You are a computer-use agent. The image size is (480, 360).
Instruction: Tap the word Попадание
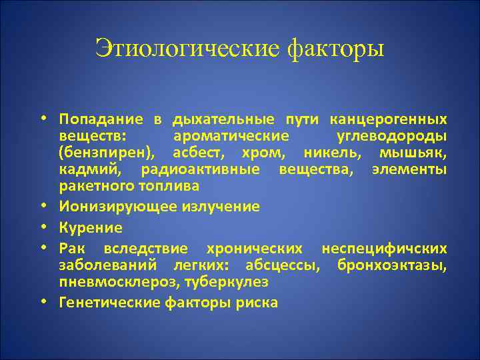101,119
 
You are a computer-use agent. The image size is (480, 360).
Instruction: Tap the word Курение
91,227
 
